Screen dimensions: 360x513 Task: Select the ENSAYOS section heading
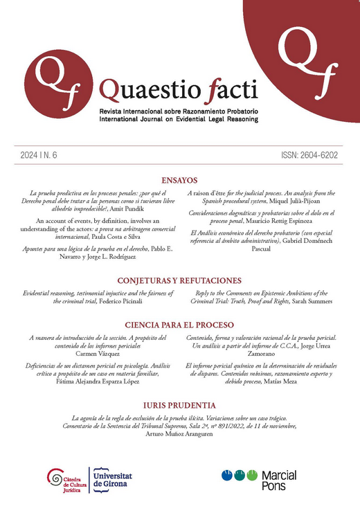[179, 179]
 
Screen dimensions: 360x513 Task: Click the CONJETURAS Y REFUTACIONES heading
[179, 280]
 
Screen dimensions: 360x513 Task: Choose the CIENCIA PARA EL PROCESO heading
[179, 325]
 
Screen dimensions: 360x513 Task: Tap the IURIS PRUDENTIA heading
[179, 405]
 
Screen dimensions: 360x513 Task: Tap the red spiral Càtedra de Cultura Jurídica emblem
[54, 478]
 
